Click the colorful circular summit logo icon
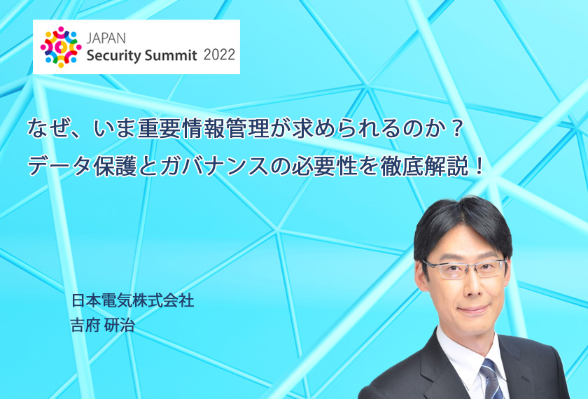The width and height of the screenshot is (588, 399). point(61,47)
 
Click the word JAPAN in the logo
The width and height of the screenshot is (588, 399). point(106,38)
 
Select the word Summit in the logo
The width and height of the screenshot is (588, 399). point(171,55)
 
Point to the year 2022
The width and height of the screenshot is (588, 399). point(219,55)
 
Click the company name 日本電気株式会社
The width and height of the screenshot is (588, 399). point(133,301)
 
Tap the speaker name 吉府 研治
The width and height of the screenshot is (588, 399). point(102,325)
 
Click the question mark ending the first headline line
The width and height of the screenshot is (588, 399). point(456,129)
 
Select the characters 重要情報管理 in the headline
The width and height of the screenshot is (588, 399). point(203,129)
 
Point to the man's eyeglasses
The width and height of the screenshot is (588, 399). point(465,267)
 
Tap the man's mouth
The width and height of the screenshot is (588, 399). point(473,309)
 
